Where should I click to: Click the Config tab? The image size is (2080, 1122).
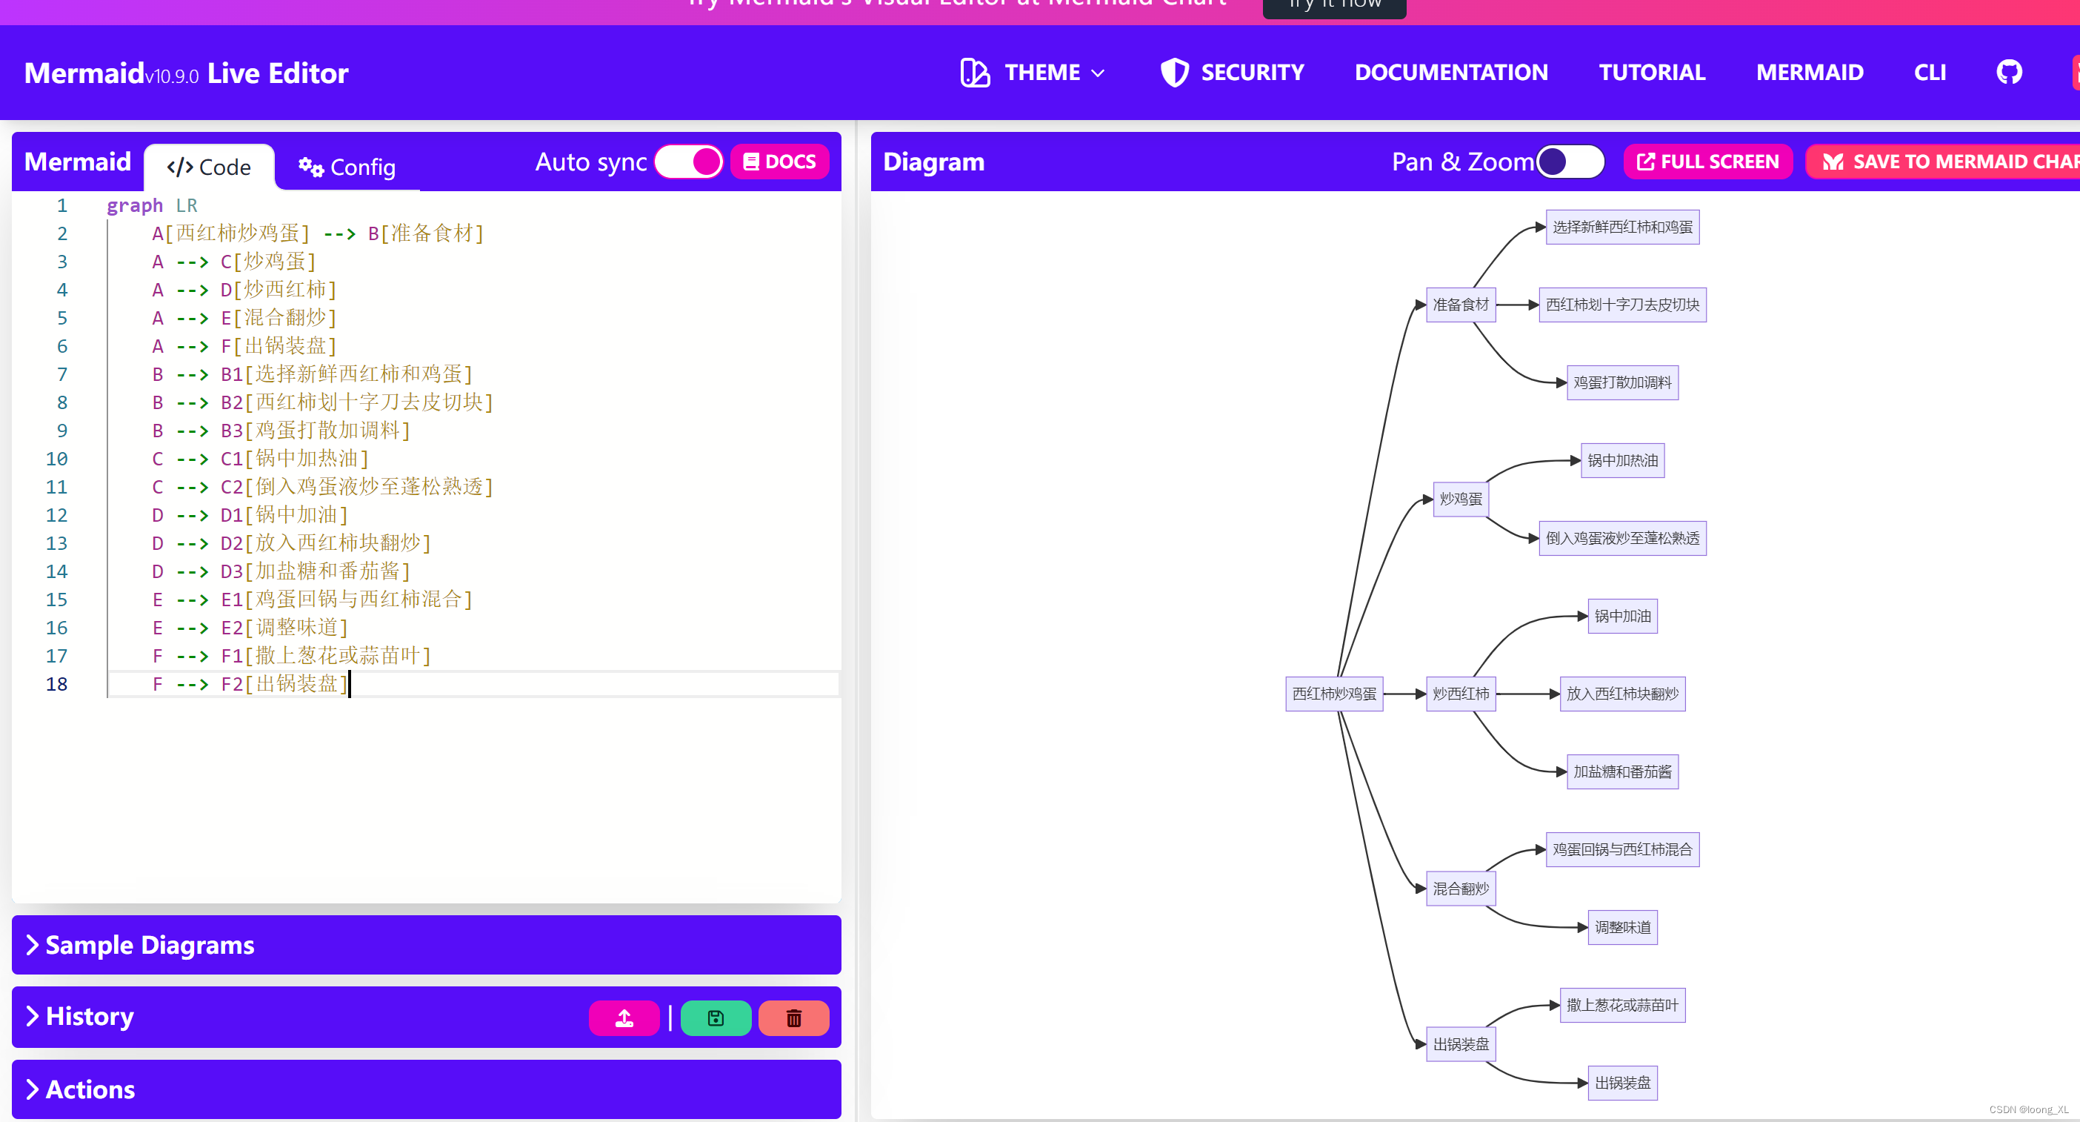click(x=347, y=167)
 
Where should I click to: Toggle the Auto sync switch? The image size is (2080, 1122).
click(x=689, y=162)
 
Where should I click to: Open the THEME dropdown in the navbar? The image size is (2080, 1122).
click(x=1033, y=73)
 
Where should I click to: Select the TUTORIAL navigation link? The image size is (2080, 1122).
click(x=1652, y=73)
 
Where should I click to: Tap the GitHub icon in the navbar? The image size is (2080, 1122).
click(x=2009, y=73)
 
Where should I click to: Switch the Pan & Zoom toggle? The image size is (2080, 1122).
click(x=1570, y=162)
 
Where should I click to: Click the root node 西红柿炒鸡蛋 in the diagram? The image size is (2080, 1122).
click(x=1334, y=694)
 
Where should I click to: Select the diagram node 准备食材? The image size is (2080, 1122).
click(x=1460, y=305)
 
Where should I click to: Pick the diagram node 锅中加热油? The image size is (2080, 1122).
click(x=1622, y=460)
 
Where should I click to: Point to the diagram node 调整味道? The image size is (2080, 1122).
click(x=1622, y=927)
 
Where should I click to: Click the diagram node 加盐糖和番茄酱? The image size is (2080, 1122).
click(x=1622, y=771)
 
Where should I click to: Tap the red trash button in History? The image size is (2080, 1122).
click(x=794, y=1018)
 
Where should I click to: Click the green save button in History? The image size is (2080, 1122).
click(x=716, y=1018)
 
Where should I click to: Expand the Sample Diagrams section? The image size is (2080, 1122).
click(x=150, y=945)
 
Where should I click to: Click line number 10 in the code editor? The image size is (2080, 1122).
click(x=56, y=459)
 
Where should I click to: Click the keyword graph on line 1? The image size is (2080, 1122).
click(x=134, y=205)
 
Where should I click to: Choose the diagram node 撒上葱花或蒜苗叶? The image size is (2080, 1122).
click(x=1622, y=1005)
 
